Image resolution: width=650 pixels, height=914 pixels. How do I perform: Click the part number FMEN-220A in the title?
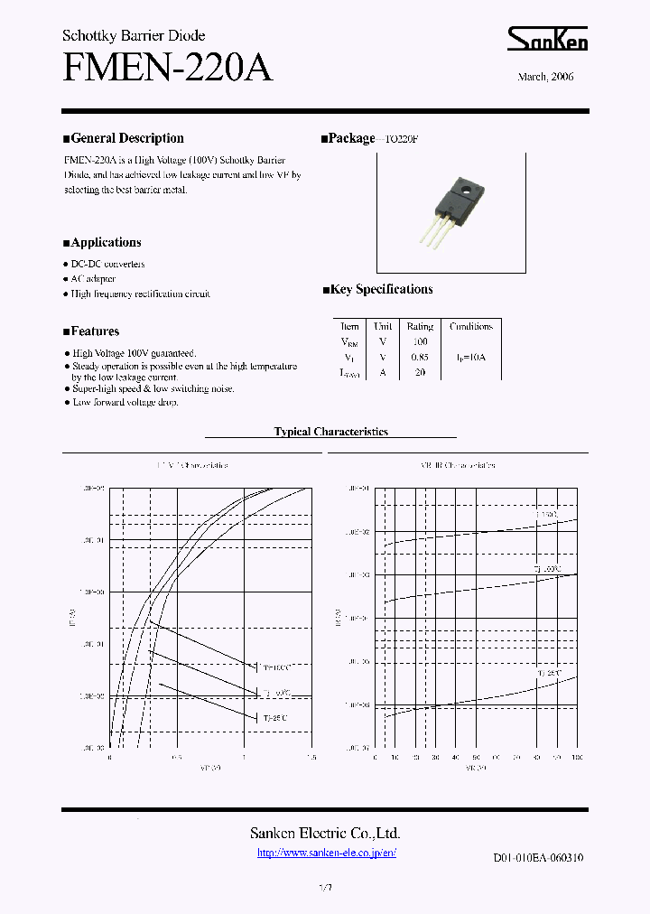[167, 68]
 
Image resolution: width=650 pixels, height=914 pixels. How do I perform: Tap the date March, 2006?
[545, 77]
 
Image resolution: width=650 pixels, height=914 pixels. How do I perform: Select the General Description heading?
[123, 138]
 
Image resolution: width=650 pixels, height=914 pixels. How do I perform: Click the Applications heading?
[102, 242]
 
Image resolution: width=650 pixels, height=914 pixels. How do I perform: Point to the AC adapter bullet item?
[93, 279]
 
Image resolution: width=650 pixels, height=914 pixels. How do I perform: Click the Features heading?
[91, 331]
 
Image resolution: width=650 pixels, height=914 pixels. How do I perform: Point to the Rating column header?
[420, 326]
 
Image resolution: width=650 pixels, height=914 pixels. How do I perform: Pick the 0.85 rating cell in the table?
[420, 357]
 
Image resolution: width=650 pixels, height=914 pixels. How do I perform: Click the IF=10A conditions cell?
[470, 357]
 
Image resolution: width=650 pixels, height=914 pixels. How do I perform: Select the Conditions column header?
[470, 326]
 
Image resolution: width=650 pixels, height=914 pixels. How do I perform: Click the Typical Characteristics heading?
[330, 432]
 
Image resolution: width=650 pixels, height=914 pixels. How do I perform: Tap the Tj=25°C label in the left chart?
[274, 717]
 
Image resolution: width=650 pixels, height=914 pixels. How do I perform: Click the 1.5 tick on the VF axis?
[311, 758]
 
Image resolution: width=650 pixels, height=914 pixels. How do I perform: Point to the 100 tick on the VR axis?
[576, 758]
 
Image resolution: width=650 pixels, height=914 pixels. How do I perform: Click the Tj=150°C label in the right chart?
[547, 514]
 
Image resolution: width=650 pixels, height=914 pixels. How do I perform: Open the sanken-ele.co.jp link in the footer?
[326, 853]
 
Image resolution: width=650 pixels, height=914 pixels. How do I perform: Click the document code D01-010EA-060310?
[537, 858]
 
